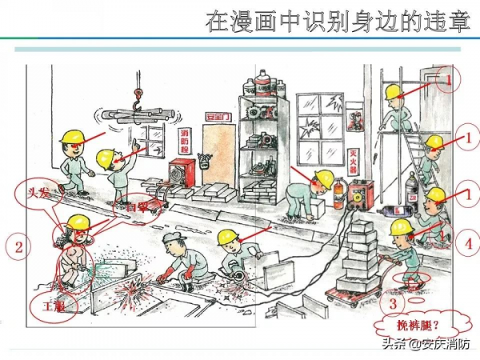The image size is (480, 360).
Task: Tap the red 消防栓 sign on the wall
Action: pos(182,143)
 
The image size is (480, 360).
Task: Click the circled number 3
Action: pos(392,303)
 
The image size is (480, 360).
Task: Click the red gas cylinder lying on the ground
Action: pos(398,210)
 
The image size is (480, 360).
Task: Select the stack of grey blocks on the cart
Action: pos(358,256)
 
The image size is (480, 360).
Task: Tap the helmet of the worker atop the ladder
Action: pos(392,93)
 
